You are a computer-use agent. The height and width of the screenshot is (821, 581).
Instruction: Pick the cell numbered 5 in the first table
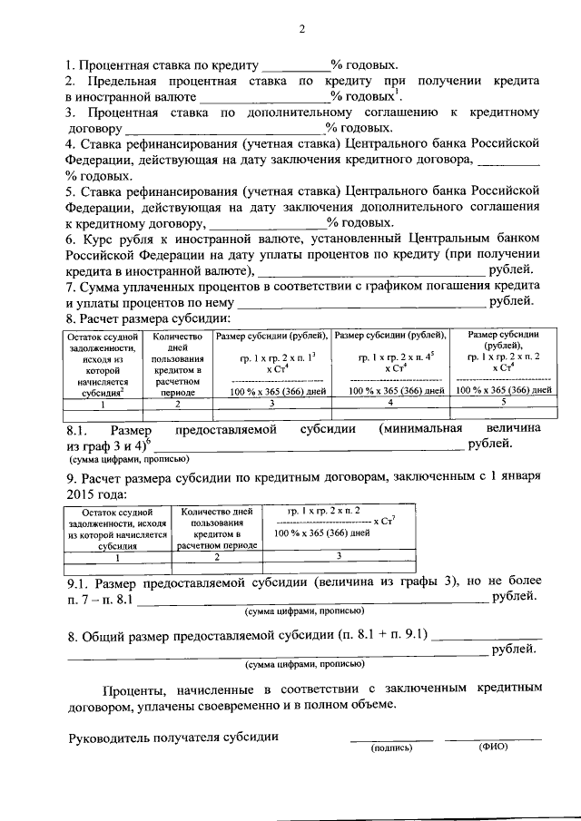tap(503, 401)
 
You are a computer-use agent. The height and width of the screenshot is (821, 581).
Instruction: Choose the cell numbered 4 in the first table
tap(390, 401)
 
